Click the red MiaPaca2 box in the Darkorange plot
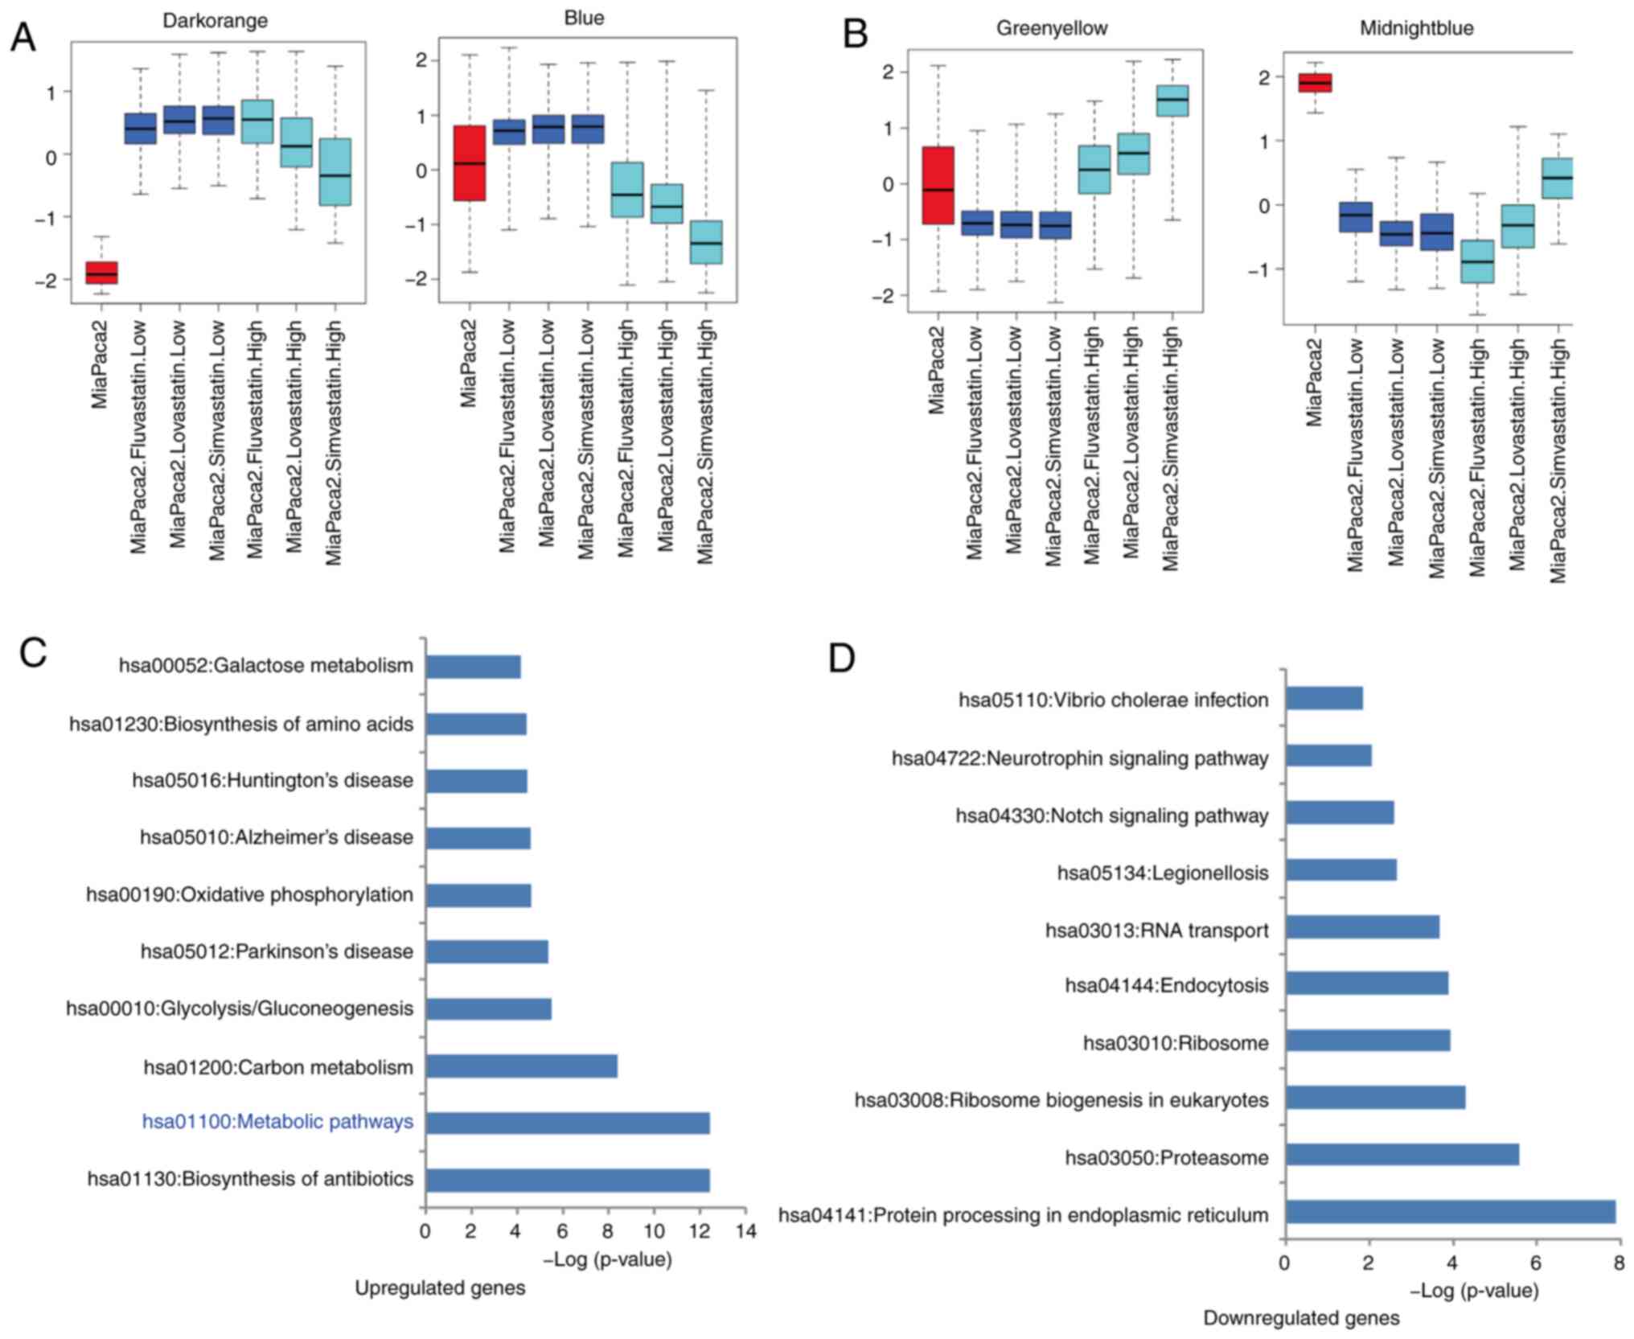pos(102,273)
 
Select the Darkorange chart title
pos(215,20)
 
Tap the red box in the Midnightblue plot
pos(1316,83)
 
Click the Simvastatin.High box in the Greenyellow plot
pos(1172,101)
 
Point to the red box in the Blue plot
pos(469,162)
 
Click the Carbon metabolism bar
pos(521,1066)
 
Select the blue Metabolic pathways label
pos(277,1122)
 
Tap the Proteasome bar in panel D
pos(1402,1155)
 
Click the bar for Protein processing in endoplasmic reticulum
pos(1450,1212)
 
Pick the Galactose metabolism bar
pos(473,667)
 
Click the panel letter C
pos(33,652)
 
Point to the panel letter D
pos(841,658)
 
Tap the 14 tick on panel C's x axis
pos(745,1231)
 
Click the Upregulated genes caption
pos(440,1288)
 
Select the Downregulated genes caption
pos(1300,1318)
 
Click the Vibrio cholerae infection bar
pos(1324,698)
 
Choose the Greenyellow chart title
pos(1051,28)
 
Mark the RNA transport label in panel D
pos(1156,930)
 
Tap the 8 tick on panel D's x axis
pos(1618,1263)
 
